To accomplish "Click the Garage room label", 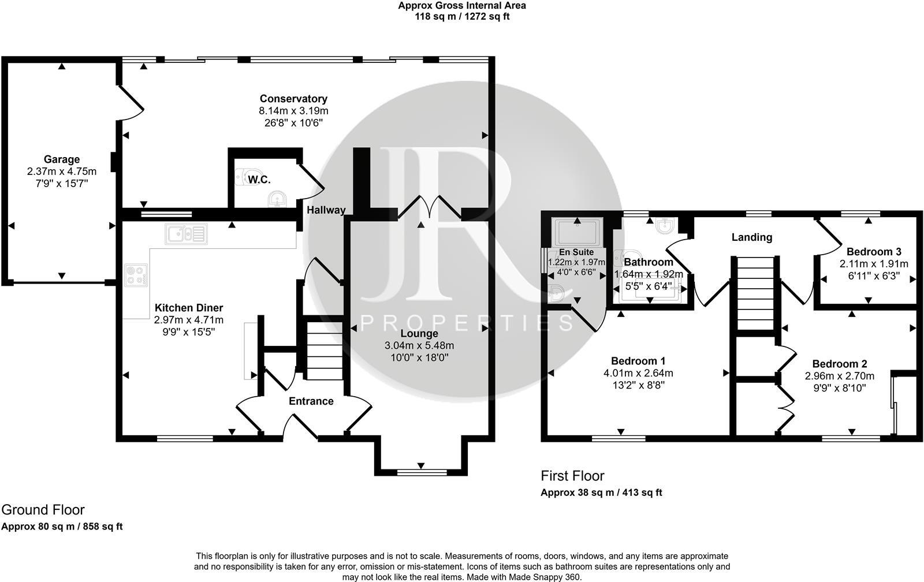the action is click(x=62, y=159).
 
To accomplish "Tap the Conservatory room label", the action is click(x=293, y=99).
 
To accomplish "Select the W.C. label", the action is click(x=259, y=180).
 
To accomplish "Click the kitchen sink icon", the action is click(x=186, y=234).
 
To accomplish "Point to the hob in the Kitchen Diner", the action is click(x=136, y=275).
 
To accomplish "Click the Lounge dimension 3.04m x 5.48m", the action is click(x=419, y=345).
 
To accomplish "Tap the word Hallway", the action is click(x=326, y=210).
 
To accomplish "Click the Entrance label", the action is click(x=311, y=401).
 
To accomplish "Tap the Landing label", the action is click(x=751, y=237).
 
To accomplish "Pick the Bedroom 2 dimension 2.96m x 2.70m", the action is click(x=840, y=376).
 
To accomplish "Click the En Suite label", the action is click(x=576, y=252).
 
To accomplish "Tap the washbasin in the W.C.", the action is click(x=278, y=199).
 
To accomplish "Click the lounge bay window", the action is click(x=421, y=472).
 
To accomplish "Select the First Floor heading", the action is click(x=572, y=476).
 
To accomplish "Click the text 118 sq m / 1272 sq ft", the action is click(x=462, y=17).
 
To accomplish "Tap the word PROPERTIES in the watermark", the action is click(x=467, y=322).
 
